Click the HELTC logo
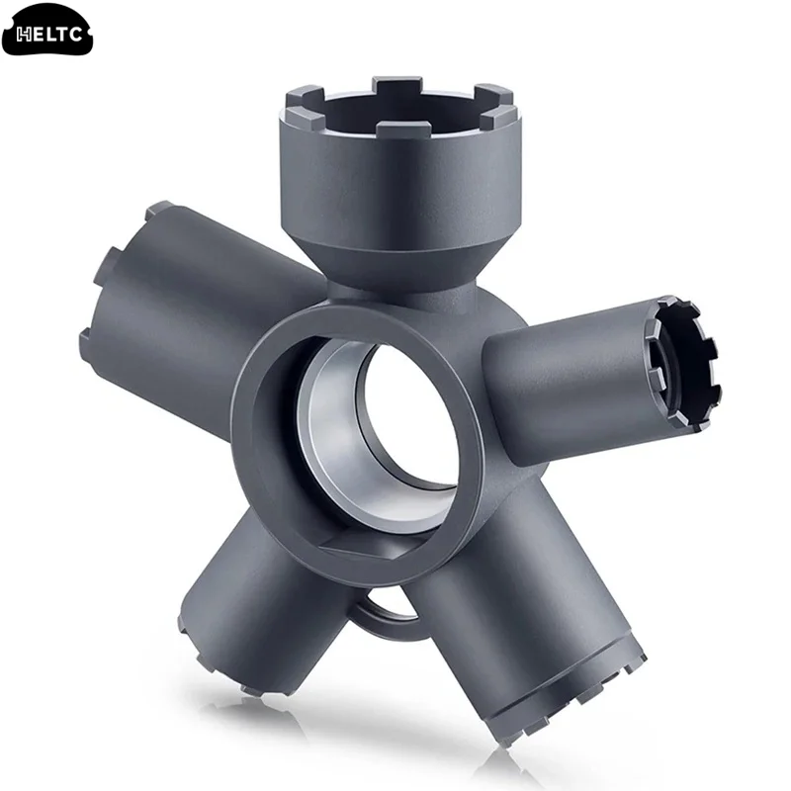point(46,34)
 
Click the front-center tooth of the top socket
point(404,132)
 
